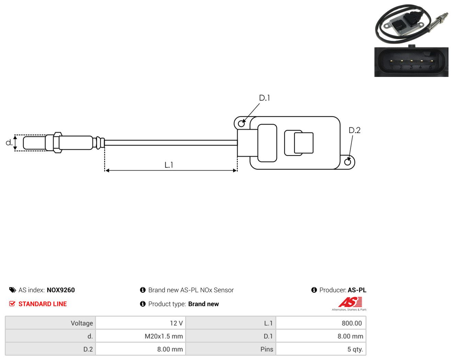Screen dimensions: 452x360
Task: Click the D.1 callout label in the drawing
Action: (264, 98)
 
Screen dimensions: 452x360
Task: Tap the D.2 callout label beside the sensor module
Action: (354, 130)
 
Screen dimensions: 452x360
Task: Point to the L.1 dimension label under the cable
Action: (169, 165)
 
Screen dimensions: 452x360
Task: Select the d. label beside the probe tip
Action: (9, 143)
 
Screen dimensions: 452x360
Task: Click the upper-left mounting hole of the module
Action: (241, 124)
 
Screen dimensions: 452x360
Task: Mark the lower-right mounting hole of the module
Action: (348, 162)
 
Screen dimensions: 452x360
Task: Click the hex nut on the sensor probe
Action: (58, 143)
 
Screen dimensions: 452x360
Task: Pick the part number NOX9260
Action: (61, 290)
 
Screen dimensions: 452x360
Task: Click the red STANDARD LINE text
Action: (43, 304)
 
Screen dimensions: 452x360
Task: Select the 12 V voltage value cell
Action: (140, 323)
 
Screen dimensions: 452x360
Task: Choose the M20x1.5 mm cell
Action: (140, 336)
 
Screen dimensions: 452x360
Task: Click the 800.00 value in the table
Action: (352, 323)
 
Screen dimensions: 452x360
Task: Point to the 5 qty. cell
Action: (321, 349)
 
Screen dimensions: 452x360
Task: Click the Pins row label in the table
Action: (267, 349)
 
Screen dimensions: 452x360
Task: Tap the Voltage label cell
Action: (50, 323)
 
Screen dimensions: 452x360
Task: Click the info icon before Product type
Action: (143, 304)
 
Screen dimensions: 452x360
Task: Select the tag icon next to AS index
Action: (13, 290)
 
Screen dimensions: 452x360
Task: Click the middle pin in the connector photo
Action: (411, 61)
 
